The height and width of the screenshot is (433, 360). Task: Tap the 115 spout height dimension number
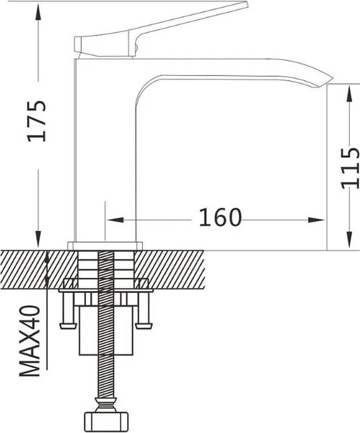tap(350, 167)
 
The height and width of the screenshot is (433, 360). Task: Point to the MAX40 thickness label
tap(30, 341)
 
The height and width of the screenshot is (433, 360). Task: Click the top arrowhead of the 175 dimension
tap(37, 7)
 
